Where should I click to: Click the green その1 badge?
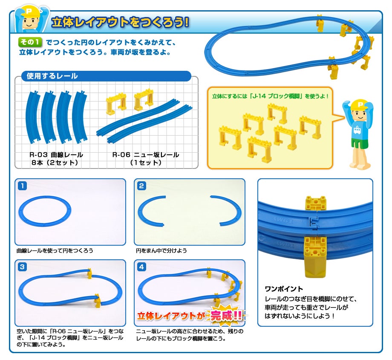pos(30,42)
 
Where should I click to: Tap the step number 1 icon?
pos(23,186)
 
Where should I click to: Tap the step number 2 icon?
pos(141,186)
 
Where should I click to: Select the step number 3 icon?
pos(23,267)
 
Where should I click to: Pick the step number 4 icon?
pos(141,267)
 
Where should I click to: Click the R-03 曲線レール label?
pos(56,155)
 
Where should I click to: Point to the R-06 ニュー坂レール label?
pos(145,155)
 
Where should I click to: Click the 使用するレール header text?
pos(52,76)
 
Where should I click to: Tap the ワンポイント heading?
pos(284,289)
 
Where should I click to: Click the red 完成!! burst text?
pos(226,316)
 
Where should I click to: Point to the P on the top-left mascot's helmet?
pos(29,11)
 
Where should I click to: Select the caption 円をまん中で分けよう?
pos(161,250)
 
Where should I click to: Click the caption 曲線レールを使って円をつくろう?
pos(55,250)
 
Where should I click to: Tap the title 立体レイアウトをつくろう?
pos(120,23)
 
